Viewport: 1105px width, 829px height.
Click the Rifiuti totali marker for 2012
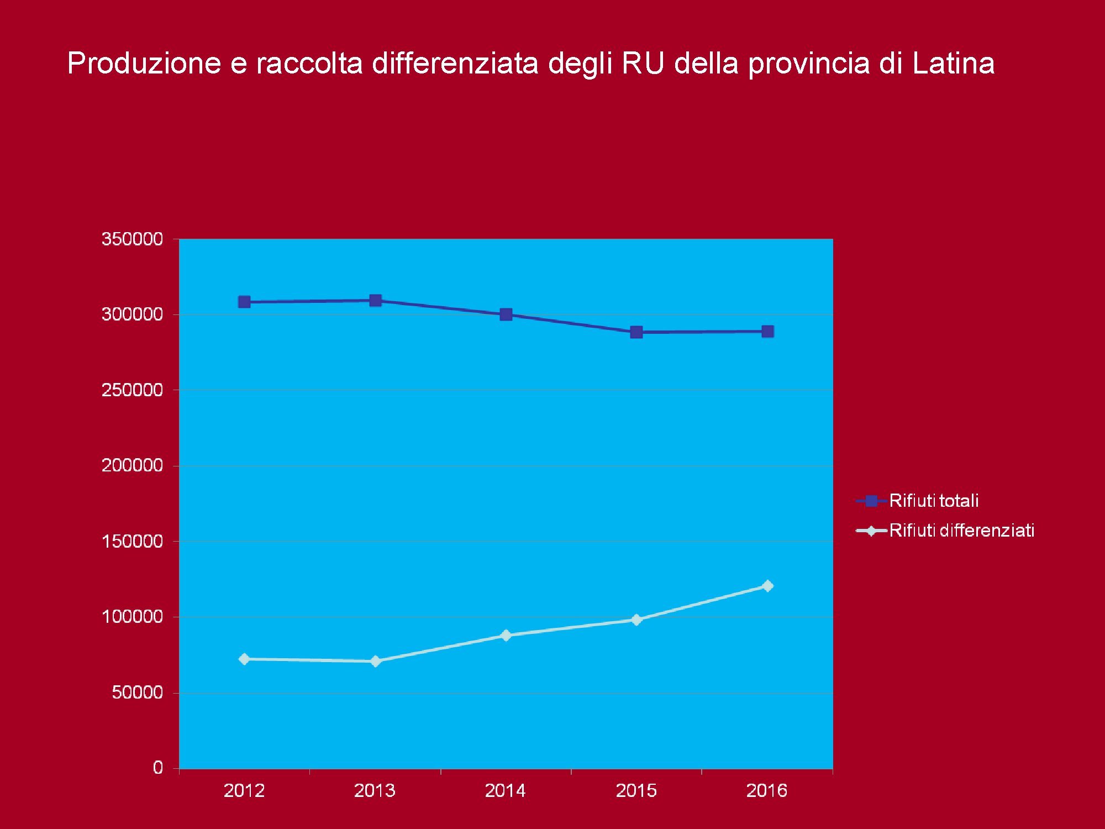pos(244,302)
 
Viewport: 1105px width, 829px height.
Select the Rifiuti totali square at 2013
pos(375,300)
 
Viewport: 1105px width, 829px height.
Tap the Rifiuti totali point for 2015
pos(636,332)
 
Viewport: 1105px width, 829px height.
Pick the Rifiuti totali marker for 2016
pos(767,331)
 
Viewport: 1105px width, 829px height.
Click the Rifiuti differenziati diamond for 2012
pos(244,659)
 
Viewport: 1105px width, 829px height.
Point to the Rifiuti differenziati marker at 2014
pos(506,635)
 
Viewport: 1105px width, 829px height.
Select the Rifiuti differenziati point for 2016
pos(767,585)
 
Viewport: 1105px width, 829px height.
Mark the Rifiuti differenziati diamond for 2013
pos(375,661)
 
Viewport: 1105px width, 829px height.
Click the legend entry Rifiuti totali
pos(934,501)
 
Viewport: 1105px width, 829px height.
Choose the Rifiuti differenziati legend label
pos(961,531)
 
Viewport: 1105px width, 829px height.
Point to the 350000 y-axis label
pos(133,239)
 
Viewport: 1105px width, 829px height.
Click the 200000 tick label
pos(133,465)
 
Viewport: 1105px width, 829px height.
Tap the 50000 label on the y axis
pos(138,692)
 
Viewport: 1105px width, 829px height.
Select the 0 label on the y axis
pos(158,767)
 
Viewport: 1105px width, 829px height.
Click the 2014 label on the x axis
pos(506,790)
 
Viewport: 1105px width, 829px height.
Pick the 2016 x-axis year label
pos(767,790)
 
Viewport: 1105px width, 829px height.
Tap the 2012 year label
pos(244,790)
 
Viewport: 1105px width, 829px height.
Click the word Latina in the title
pos(953,63)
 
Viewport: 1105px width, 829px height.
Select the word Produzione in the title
pos(144,63)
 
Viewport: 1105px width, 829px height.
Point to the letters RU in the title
pos(643,63)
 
